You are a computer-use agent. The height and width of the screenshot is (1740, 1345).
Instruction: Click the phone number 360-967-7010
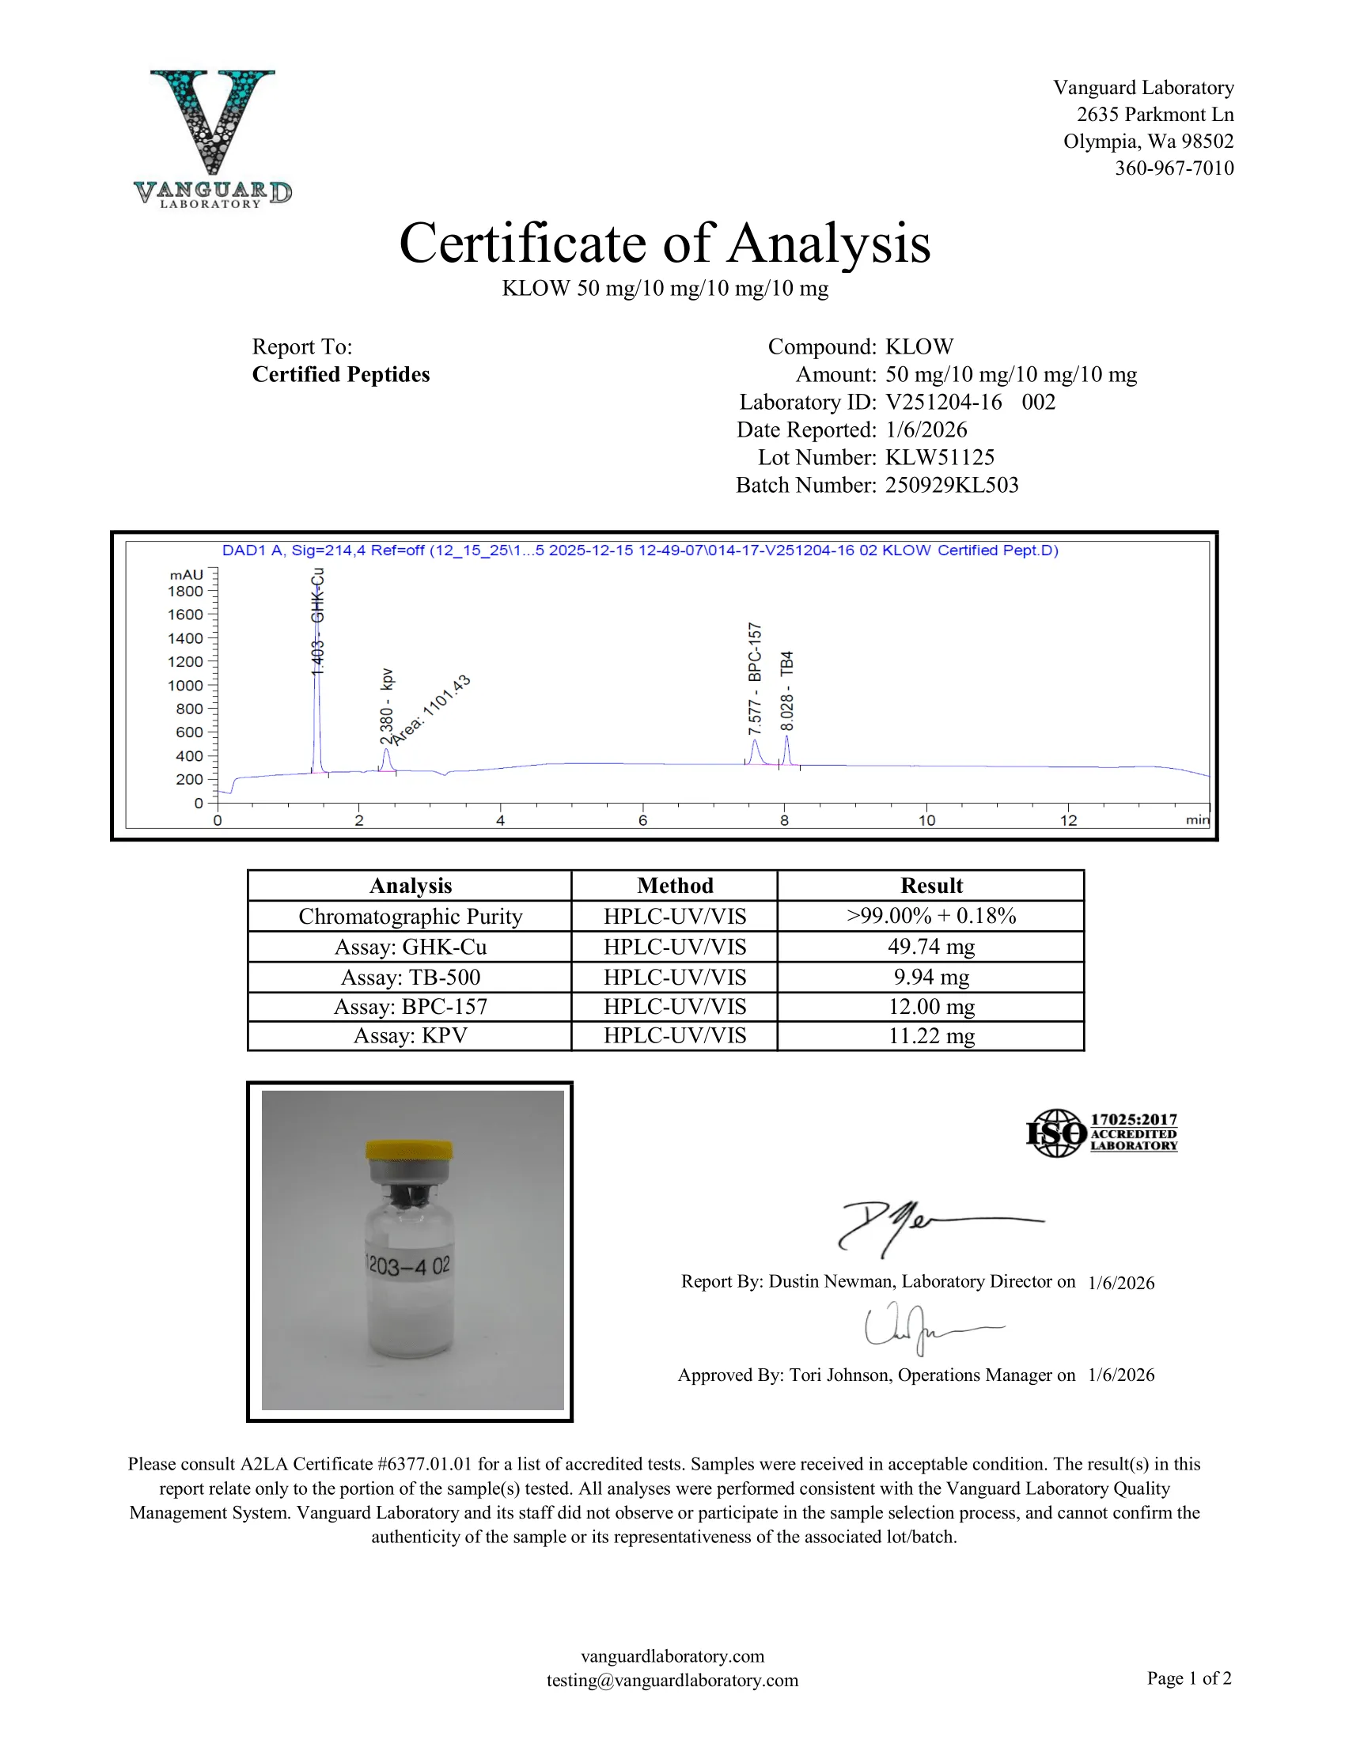[x=1173, y=168]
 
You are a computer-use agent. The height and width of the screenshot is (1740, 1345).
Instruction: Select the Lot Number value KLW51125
[x=939, y=457]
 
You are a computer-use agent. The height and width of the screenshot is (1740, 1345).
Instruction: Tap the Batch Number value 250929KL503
[x=951, y=485]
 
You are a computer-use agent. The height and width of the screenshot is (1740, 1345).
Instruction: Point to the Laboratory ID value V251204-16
[x=943, y=402]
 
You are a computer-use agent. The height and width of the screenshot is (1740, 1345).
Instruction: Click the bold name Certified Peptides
[x=340, y=374]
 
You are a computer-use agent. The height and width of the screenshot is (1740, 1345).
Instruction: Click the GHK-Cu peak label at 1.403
[x=317, y=622]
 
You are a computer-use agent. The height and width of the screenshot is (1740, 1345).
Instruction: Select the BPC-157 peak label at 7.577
[x=755, y=678]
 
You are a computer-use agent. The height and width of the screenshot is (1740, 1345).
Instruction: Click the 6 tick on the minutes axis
[x=642, y=820]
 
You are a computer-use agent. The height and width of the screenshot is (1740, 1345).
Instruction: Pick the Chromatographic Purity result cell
[x=930, y=916]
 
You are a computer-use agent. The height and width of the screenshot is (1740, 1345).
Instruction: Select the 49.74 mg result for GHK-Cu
[x=930, y=947]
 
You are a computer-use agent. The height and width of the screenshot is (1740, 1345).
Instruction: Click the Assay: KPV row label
[x=410, y=1036]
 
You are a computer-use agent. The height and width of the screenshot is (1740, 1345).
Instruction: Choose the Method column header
[x=674, y=886]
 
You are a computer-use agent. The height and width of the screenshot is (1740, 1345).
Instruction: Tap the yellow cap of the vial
[x=409, y=1151]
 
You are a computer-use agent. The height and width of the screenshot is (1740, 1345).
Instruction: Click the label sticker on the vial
[x=409, y=1265]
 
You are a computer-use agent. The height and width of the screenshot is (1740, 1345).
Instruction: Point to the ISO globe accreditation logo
[x=1056, y=1133]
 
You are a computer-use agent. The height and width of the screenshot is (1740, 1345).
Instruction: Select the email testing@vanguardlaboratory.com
[x=672, y=1680]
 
